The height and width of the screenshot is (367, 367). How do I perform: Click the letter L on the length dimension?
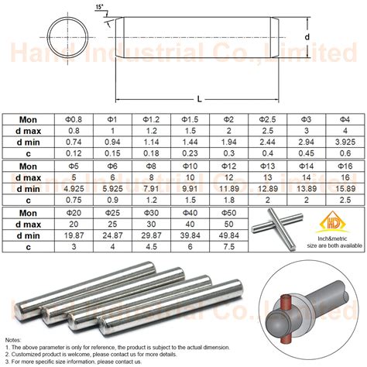click(200, 99)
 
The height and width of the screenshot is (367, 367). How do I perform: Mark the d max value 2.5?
click(267, 132)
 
